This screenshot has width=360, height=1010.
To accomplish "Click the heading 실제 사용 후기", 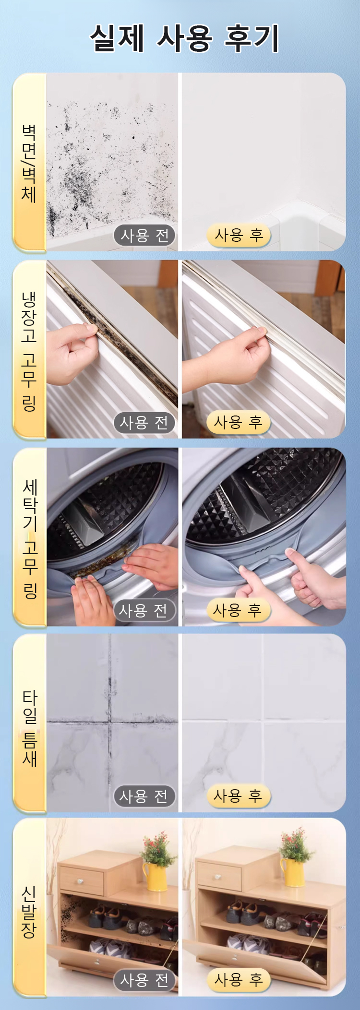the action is click(184, 38).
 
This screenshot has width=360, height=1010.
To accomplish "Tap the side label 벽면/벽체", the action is click(29, 163).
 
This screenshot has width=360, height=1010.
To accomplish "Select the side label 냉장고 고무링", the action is click(29, 351).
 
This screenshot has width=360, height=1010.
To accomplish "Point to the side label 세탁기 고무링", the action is click(30, 538).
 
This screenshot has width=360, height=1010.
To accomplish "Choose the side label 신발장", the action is click(29, 912).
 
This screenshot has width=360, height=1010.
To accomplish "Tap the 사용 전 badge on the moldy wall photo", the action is click(144, 235).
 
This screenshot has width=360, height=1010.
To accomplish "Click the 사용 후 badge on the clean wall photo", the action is click(239, 235).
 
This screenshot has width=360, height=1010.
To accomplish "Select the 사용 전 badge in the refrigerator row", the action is click(144, 423).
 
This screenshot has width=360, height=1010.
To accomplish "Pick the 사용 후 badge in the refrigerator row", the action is click(239, 423).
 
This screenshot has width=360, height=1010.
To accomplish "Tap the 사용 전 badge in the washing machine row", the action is click(144, 611).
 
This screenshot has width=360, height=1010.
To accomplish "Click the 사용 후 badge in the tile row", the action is click(239, 796).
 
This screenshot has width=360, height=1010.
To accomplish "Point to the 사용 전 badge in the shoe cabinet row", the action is click(144, 980).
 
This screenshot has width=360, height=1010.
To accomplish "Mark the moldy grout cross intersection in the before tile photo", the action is click(110, 721).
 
